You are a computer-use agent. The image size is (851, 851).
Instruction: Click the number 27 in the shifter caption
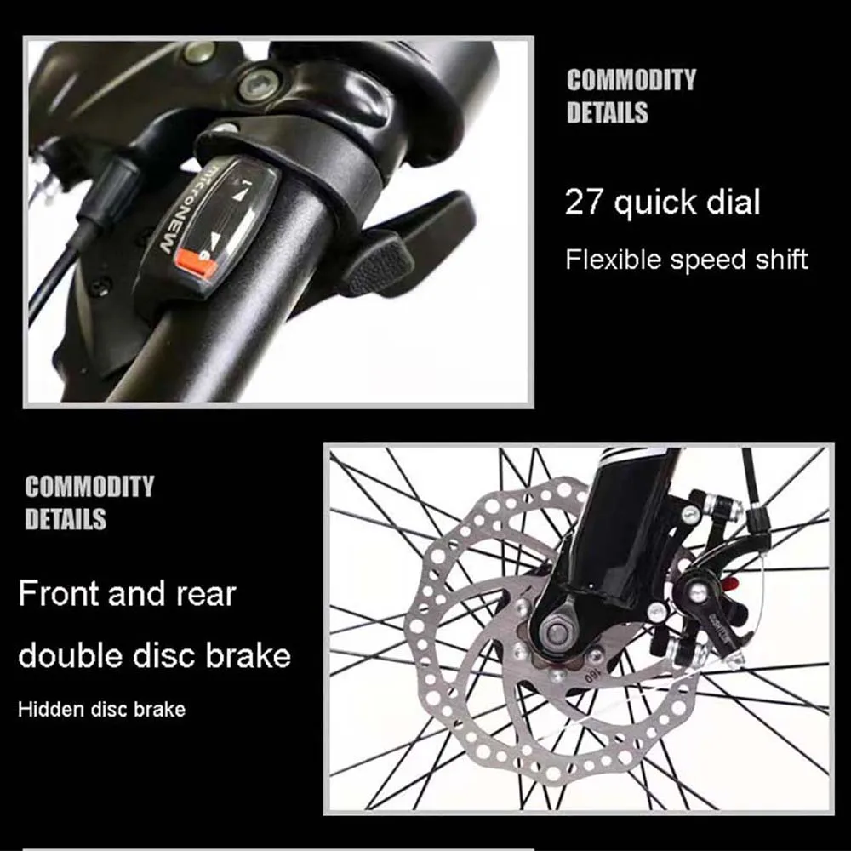(584, 202)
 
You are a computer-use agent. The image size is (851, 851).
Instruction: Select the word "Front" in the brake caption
(59, 593)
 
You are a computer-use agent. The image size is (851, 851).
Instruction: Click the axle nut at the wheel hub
(556, 631)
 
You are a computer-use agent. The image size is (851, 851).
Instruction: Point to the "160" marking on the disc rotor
(591, 677)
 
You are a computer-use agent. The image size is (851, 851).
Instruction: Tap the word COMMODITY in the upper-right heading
(631, 80)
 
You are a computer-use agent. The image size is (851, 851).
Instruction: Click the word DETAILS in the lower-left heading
(66, 518)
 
